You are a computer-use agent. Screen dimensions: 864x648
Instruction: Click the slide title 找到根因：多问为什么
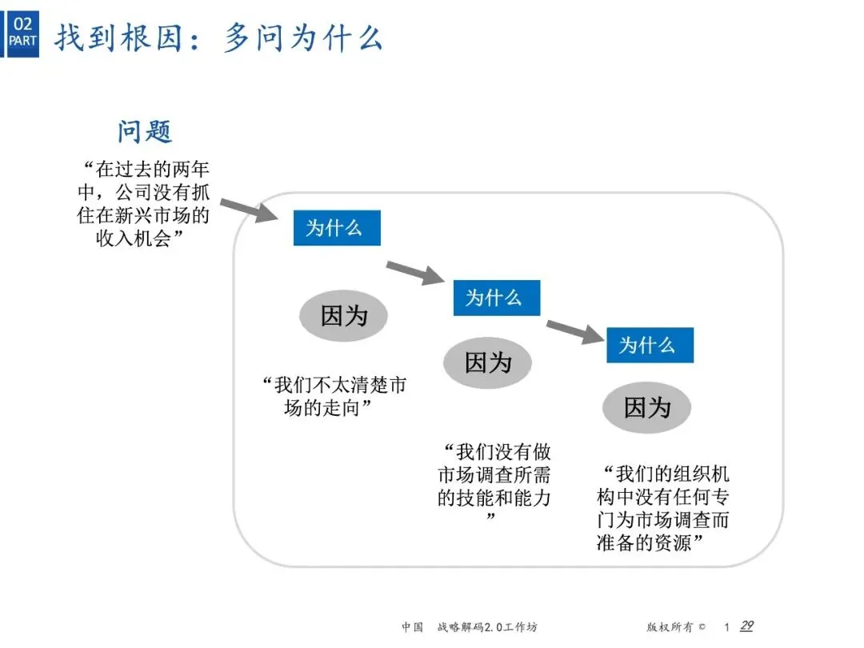[x=218, y=38]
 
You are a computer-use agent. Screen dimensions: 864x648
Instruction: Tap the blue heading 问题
[x=145, y=130]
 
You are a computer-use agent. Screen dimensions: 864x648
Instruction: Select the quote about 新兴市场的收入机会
[x=146, y=204]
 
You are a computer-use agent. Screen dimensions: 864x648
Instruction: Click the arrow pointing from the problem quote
[x=250, y=209]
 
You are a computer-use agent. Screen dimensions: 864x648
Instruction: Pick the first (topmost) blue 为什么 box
[x=336, y=228]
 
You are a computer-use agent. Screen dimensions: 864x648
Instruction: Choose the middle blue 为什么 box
[x=496, y=298]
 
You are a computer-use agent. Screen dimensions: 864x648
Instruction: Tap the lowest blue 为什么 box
[x=649, y=345]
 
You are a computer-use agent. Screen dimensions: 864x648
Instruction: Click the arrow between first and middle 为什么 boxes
[x=414, y=272]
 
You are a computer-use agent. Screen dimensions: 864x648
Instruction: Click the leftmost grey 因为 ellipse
[x=343, y=316]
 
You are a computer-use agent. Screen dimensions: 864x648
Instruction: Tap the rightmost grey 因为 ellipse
[x=646, y=408]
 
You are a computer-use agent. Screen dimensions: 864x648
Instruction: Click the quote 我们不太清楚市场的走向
[x=334, y=397]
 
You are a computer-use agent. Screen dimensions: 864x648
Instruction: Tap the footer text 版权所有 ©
[x=677, y=627]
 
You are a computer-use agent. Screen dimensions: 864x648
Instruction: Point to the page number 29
[x=746, y=626]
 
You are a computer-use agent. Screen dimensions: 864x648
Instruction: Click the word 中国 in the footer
[x=412, y=627]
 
